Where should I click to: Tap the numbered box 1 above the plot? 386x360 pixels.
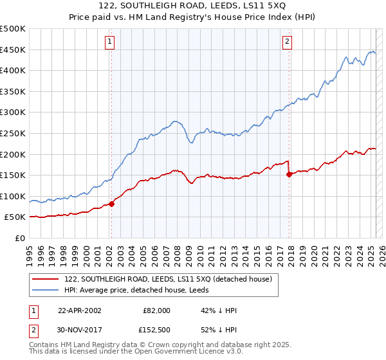(111, 42)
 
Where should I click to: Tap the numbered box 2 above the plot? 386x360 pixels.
(287, 42)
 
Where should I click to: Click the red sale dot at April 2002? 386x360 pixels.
(111, 204)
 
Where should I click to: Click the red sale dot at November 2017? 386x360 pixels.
(289, 174)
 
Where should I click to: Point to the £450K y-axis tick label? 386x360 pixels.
(13, 50)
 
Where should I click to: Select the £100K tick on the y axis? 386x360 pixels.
(13, 196)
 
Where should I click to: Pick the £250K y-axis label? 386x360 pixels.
(13, 133)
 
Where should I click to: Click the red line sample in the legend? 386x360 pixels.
(46, 279)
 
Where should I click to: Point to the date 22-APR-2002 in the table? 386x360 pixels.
(80, 310)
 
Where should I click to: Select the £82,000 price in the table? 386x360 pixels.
(156, 310)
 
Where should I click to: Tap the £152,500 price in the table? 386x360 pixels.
(156, 329)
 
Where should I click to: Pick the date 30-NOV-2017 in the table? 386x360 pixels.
(80, 329)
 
